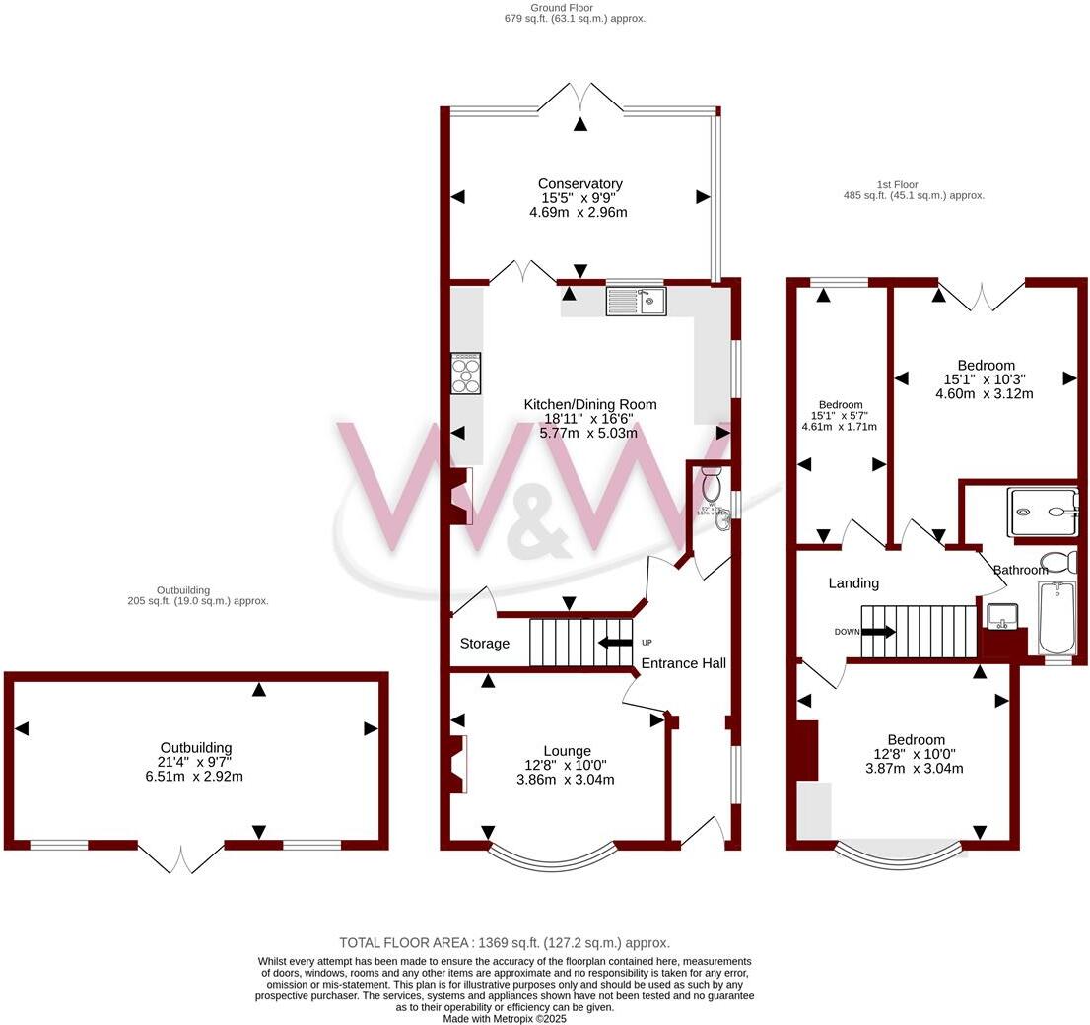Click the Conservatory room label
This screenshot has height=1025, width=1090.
click(580, 183)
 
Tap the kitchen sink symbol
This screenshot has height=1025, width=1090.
click(637, 300)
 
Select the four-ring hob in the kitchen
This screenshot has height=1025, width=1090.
click(466, 374)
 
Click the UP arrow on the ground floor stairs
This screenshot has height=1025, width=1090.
click(617, 643)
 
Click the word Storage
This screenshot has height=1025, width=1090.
click(485, 644)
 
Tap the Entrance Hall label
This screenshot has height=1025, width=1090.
click(683, 663)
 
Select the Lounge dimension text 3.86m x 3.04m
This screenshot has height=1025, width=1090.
click(566, 780)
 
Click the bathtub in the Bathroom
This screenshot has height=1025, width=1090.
click(1056, 617)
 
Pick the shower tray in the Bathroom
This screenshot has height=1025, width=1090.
click(1044, 512)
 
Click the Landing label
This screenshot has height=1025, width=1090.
click(853, 583)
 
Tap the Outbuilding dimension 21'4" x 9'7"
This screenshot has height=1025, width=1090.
click(196, 762)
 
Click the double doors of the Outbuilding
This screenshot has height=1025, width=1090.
click(180, 857)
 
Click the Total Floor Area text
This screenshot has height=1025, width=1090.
click(505, 942)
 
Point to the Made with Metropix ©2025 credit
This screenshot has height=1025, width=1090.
click(505, 1018)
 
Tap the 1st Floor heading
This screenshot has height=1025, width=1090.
click(897, 184)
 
